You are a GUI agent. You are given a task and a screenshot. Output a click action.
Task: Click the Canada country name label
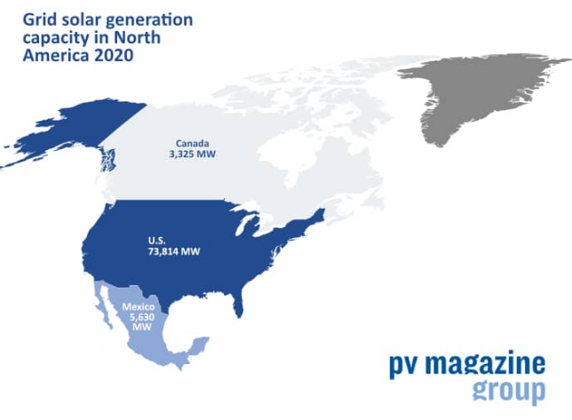(192, 143)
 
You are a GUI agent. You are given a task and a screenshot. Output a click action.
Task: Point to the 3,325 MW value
(192, 154)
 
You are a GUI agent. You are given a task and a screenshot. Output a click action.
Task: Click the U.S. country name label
(157, 241)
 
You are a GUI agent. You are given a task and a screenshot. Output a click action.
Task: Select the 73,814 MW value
(174, 251)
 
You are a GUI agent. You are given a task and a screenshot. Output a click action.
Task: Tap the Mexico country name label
(139, 307)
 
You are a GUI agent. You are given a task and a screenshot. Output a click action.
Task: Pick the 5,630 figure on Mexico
(142, 317)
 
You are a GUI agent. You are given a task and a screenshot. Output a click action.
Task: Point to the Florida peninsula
(238, 305)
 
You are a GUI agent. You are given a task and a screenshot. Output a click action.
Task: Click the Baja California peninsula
(104, 308)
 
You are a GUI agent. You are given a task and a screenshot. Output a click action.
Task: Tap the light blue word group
(509, 391)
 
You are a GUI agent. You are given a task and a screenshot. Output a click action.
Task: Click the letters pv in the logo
(404, 366)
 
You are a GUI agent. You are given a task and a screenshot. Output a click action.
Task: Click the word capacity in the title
(56, 38)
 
